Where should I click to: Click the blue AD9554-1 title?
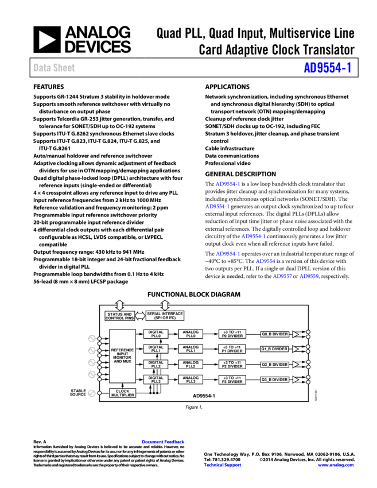point(327,68)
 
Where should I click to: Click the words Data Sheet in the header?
point(54,68)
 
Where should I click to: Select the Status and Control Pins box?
point(119,316)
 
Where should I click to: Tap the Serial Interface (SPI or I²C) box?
point(165,316)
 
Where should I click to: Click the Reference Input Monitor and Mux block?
point(122,356)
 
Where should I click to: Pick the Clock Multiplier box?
point(122,393)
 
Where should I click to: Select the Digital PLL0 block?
point(156,334)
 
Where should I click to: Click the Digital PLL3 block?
point(156,379)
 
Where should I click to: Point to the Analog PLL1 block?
point(191,349)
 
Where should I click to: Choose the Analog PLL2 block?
point(191,365)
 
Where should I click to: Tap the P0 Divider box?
point(232,334)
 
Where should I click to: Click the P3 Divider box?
point(232,379)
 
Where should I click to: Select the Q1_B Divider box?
point(275,349)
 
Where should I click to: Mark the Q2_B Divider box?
point(275,365)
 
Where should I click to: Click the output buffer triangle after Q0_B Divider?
point(296,334)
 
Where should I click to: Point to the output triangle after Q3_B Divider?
point(296,379)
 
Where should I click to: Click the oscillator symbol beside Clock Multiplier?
point(91,393)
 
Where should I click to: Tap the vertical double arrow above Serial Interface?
point(165,305)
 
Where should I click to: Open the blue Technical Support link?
point(223,466)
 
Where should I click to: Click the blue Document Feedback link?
point(163,441)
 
